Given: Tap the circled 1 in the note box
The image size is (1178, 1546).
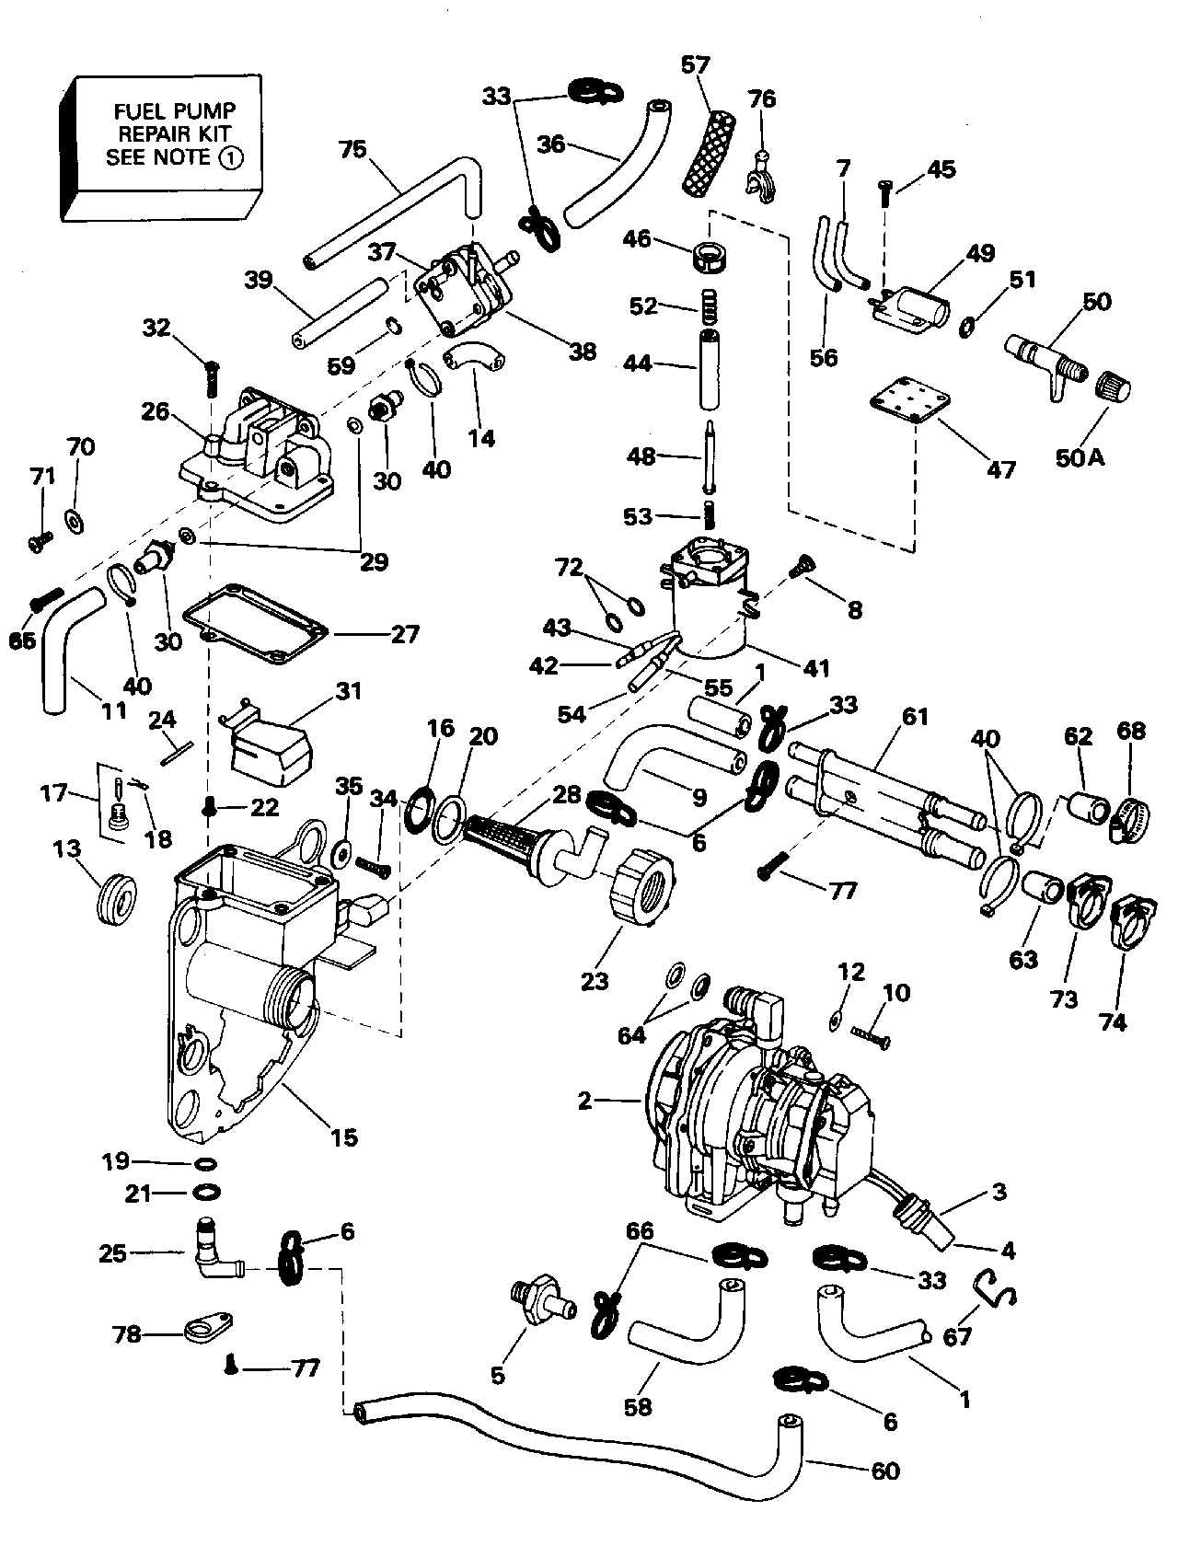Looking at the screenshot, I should point(229,157).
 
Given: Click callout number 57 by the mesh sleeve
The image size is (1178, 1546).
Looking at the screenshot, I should point(696,65).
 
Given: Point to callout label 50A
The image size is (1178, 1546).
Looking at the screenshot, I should point(1080,457).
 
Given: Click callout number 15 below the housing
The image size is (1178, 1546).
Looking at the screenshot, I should point(344,1137).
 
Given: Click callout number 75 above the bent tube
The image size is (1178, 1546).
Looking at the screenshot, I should point(352,149).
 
